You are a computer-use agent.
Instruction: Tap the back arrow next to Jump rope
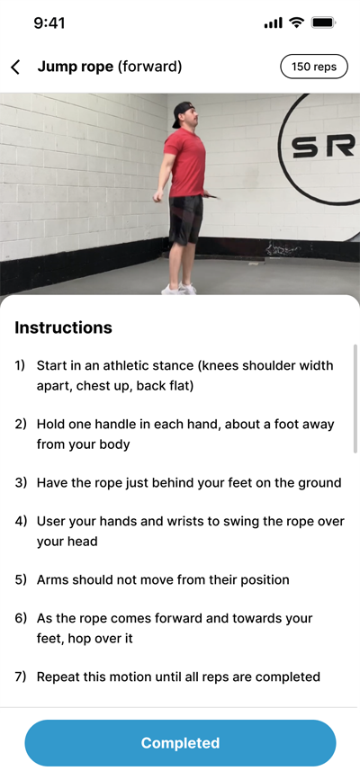point(16,67)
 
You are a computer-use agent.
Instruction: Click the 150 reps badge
point(314,67)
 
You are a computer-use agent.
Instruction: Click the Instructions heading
point(63,327)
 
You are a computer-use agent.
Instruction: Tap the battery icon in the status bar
point(323,22)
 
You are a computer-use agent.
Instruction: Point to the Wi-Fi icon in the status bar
point(297,22)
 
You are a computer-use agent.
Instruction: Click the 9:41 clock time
point(49,22)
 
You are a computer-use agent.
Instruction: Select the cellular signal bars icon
point(273,22)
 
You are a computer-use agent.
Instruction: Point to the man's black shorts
point(185,219)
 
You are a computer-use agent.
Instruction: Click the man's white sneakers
point(179,289)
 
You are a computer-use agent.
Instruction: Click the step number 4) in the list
point(21,521)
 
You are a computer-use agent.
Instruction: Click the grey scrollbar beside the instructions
point(355,399)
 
